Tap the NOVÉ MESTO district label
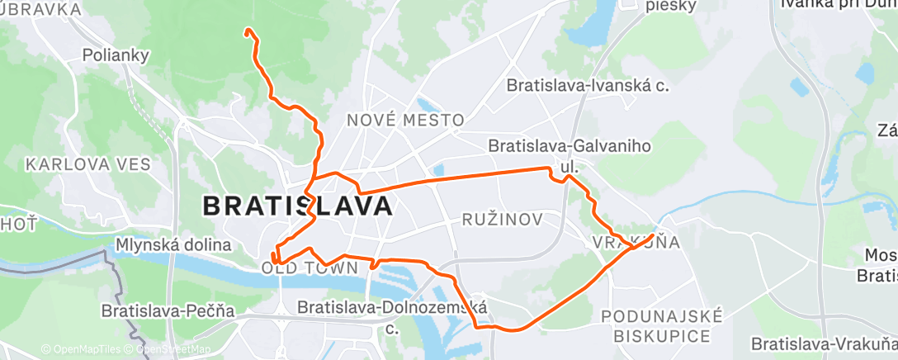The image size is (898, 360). [405, 121]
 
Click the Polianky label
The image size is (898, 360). [116, 56]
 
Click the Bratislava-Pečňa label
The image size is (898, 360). [168, 311]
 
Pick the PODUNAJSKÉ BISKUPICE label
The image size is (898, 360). [662, 326]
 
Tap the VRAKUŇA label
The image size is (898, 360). [636, 243]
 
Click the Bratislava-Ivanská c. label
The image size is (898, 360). [588, 85]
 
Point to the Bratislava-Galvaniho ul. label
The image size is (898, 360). [570, 155]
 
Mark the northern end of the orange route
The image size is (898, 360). [247, 31]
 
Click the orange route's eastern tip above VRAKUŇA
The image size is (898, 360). [654, 235]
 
